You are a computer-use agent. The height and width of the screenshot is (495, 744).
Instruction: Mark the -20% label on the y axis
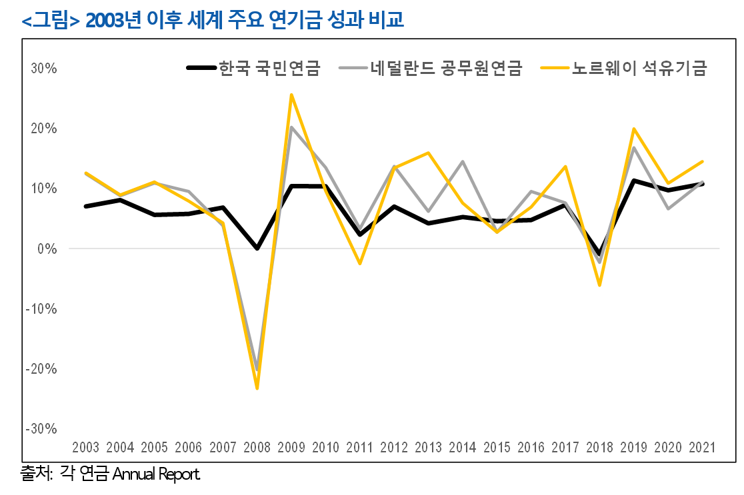[42, 368]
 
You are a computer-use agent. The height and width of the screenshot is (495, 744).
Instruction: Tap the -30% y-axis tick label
[42, 428]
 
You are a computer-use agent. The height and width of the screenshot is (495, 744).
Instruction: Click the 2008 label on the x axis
[257, 447]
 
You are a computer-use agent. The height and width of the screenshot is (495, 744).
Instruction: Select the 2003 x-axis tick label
[86, 447]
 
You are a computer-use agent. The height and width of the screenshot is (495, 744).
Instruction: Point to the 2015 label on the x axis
[496, 447]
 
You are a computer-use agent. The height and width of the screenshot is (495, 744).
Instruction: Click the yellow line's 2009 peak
[291, 95]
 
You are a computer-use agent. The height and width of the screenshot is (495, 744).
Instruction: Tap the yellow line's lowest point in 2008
[257, 388]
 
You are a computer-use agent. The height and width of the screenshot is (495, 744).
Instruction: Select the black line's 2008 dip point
[257, 248]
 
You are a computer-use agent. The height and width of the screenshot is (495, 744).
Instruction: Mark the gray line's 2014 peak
[462, 162]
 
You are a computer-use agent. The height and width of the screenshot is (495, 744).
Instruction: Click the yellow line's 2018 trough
[599, 285]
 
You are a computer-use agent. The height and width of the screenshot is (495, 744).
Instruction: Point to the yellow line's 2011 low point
[360, 264]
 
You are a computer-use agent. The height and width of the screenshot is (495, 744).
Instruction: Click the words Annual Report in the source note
[157, 475]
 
